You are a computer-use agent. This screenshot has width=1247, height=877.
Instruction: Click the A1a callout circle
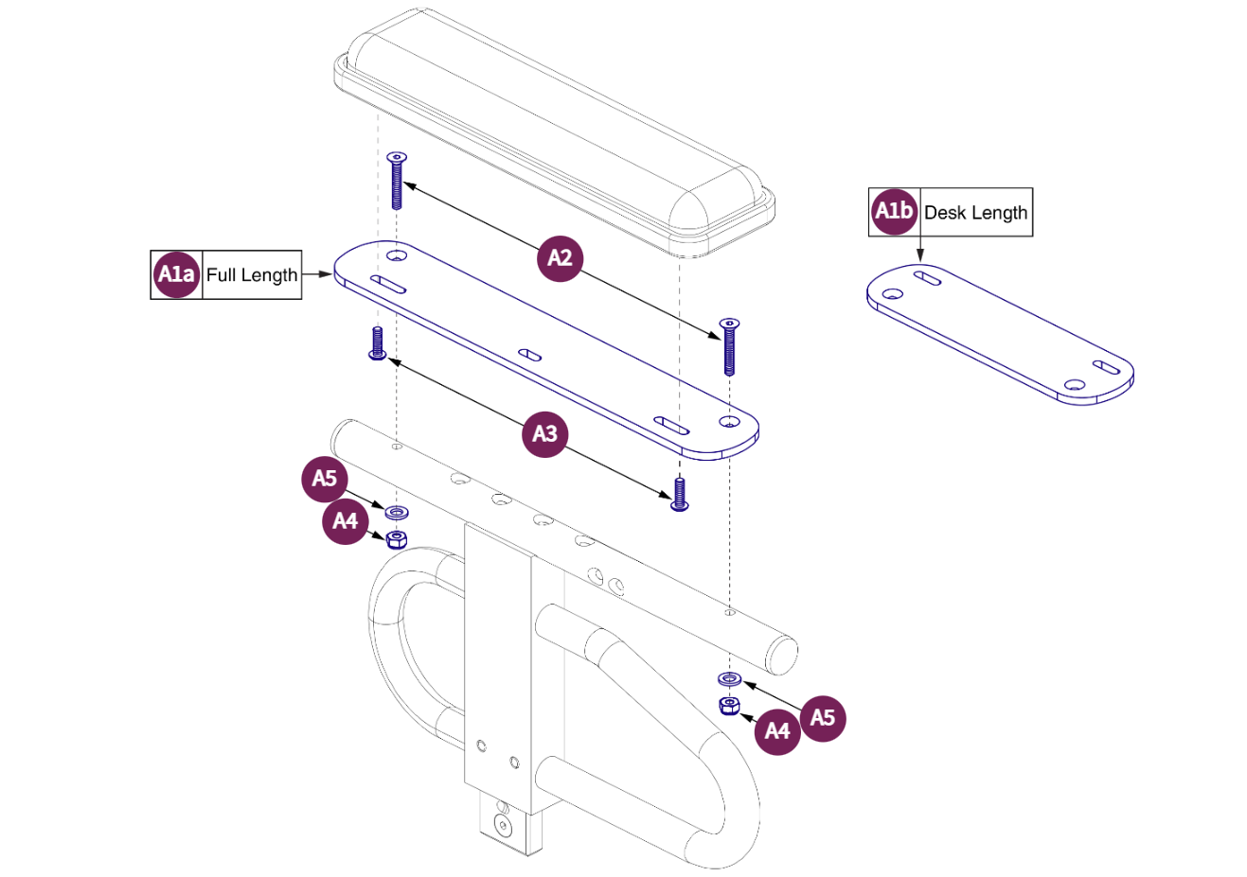tap(176, 274)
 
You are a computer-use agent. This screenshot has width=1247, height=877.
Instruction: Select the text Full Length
tap(252, 275)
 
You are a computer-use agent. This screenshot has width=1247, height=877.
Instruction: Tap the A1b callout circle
tap(894, 212)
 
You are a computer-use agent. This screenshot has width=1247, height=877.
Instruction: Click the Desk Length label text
tap(975, 213)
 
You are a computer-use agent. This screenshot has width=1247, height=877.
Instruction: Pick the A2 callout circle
tap(560, 258)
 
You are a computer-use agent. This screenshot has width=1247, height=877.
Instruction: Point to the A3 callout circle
tap(544, 434)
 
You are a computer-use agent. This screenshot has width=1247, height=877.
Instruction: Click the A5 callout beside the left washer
tap(325, 479)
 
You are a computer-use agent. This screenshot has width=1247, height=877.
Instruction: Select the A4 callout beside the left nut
tap(346, 521)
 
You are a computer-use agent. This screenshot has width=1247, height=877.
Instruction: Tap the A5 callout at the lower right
tap(823, 718)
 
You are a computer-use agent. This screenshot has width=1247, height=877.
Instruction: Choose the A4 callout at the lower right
tap(777, 731)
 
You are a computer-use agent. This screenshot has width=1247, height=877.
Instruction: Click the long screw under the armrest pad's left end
tap(397, 180)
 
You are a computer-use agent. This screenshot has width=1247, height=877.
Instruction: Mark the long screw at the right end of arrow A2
tap(729, 346)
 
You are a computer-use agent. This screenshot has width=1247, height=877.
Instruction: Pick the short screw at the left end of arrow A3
tap(377, 343)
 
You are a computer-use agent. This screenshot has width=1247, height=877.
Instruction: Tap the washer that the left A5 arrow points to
tap(397, 513)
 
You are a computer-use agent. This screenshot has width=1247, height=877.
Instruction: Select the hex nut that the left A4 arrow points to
tap(397, 539)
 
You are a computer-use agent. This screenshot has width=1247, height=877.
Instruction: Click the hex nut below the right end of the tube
tap(728, 705)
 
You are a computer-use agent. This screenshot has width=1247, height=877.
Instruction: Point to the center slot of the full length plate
tap(530, 356)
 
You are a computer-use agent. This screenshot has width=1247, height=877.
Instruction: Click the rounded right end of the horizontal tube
tap(782, 655)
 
